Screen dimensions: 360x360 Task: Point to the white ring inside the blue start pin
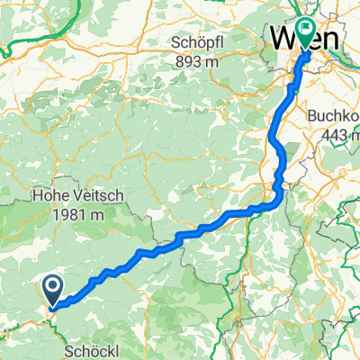(x=53, y=288)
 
